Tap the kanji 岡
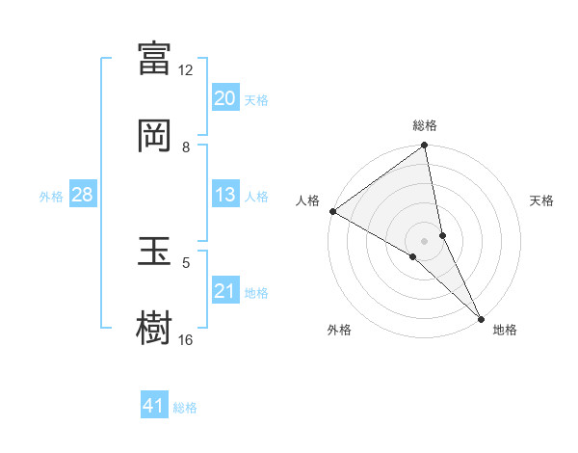(155, 136)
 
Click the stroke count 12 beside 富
(186, 69)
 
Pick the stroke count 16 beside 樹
(186, 339)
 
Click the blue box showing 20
(225, 98)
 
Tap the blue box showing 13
(225, 195)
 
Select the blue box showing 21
(225, 291)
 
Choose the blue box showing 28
(82, 195)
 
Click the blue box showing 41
(154, 406)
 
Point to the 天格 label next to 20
(256, 100)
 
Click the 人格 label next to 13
(256, 197)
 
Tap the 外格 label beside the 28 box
(51, 197)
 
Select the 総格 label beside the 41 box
(185, 408)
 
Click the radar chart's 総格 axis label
(425, 125)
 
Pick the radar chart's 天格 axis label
(541, 200)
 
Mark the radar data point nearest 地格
(482, 317)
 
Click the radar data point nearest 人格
(332, 211)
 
